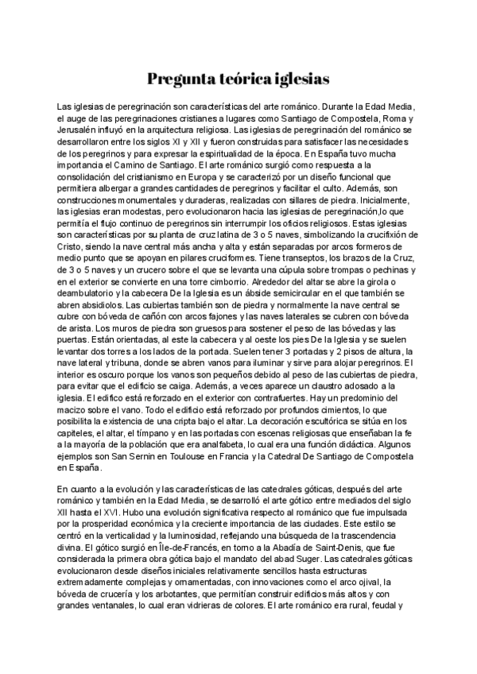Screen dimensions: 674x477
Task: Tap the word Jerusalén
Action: (80, 129)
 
